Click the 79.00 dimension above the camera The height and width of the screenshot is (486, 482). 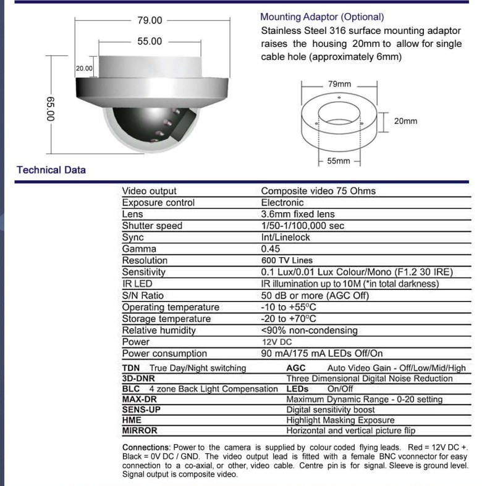point(149,20)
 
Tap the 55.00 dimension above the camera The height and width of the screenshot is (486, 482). point(149,41)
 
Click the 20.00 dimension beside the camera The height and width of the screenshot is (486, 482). point(84,68)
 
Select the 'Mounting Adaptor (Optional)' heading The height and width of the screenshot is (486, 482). point(322,17)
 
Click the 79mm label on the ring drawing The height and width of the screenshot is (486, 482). point(339,84)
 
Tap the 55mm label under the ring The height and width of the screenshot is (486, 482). point(339,161)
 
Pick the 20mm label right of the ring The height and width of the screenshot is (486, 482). point(406,121)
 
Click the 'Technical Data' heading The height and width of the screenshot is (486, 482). point(51,170)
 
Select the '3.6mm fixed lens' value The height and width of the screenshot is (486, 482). point(298,214)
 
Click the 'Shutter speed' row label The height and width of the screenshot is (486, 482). point(152,226)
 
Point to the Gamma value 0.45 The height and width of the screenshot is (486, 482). point(271,249)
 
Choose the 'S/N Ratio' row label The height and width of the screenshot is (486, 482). point(143,295)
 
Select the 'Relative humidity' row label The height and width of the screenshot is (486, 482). point(159,330)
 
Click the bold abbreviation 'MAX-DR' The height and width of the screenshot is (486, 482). point(140,399)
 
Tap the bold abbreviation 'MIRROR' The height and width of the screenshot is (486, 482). point(140,430)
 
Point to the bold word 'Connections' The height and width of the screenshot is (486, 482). point(146,447)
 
